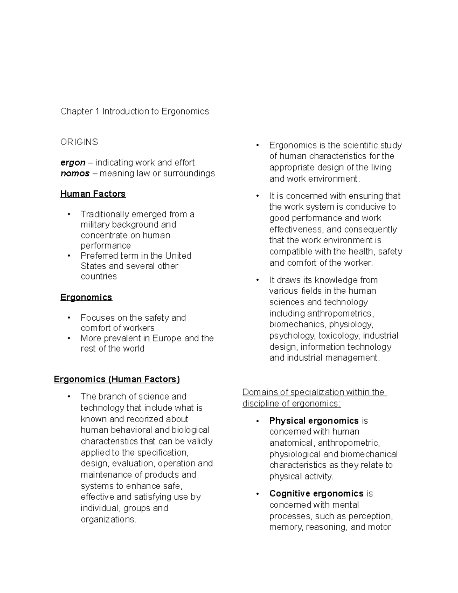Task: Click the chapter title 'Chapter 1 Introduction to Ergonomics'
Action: click(x=134, y=111)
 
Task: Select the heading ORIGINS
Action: click(x=79, y=142)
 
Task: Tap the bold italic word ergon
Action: click(x=73, y=163)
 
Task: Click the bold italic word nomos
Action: click(x=75, y=173)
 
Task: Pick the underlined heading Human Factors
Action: click(x=93, y=194)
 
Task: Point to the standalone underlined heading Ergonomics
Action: click(x=86, y=297)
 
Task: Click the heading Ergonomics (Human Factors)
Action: click(x=116, y=379)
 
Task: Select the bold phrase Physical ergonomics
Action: click(x=314, y=421)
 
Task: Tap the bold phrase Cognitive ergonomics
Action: click(x=316, y=494)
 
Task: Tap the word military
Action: click(x=95, y=225)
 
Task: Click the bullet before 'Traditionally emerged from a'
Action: click(x=69, y=214)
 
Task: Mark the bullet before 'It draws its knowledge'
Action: click(x=258, y=280)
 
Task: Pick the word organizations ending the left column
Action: click(x=108, y=520)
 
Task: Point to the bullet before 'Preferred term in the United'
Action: click(x=69, y=256)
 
